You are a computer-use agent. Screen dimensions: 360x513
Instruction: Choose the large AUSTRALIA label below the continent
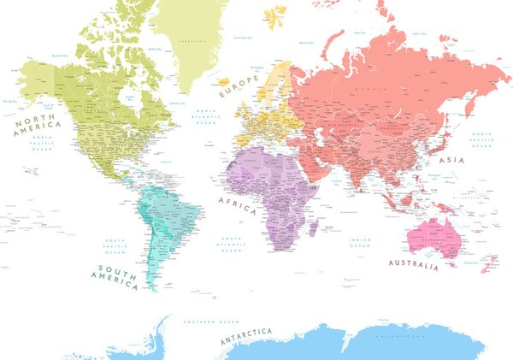413,264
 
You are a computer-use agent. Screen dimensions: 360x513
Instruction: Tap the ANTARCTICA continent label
246,335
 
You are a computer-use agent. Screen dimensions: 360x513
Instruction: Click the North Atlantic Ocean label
206,117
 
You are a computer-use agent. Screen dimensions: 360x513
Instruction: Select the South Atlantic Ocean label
230,245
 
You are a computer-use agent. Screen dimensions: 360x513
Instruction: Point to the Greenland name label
199,39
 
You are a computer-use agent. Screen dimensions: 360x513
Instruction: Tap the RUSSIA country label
369,88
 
